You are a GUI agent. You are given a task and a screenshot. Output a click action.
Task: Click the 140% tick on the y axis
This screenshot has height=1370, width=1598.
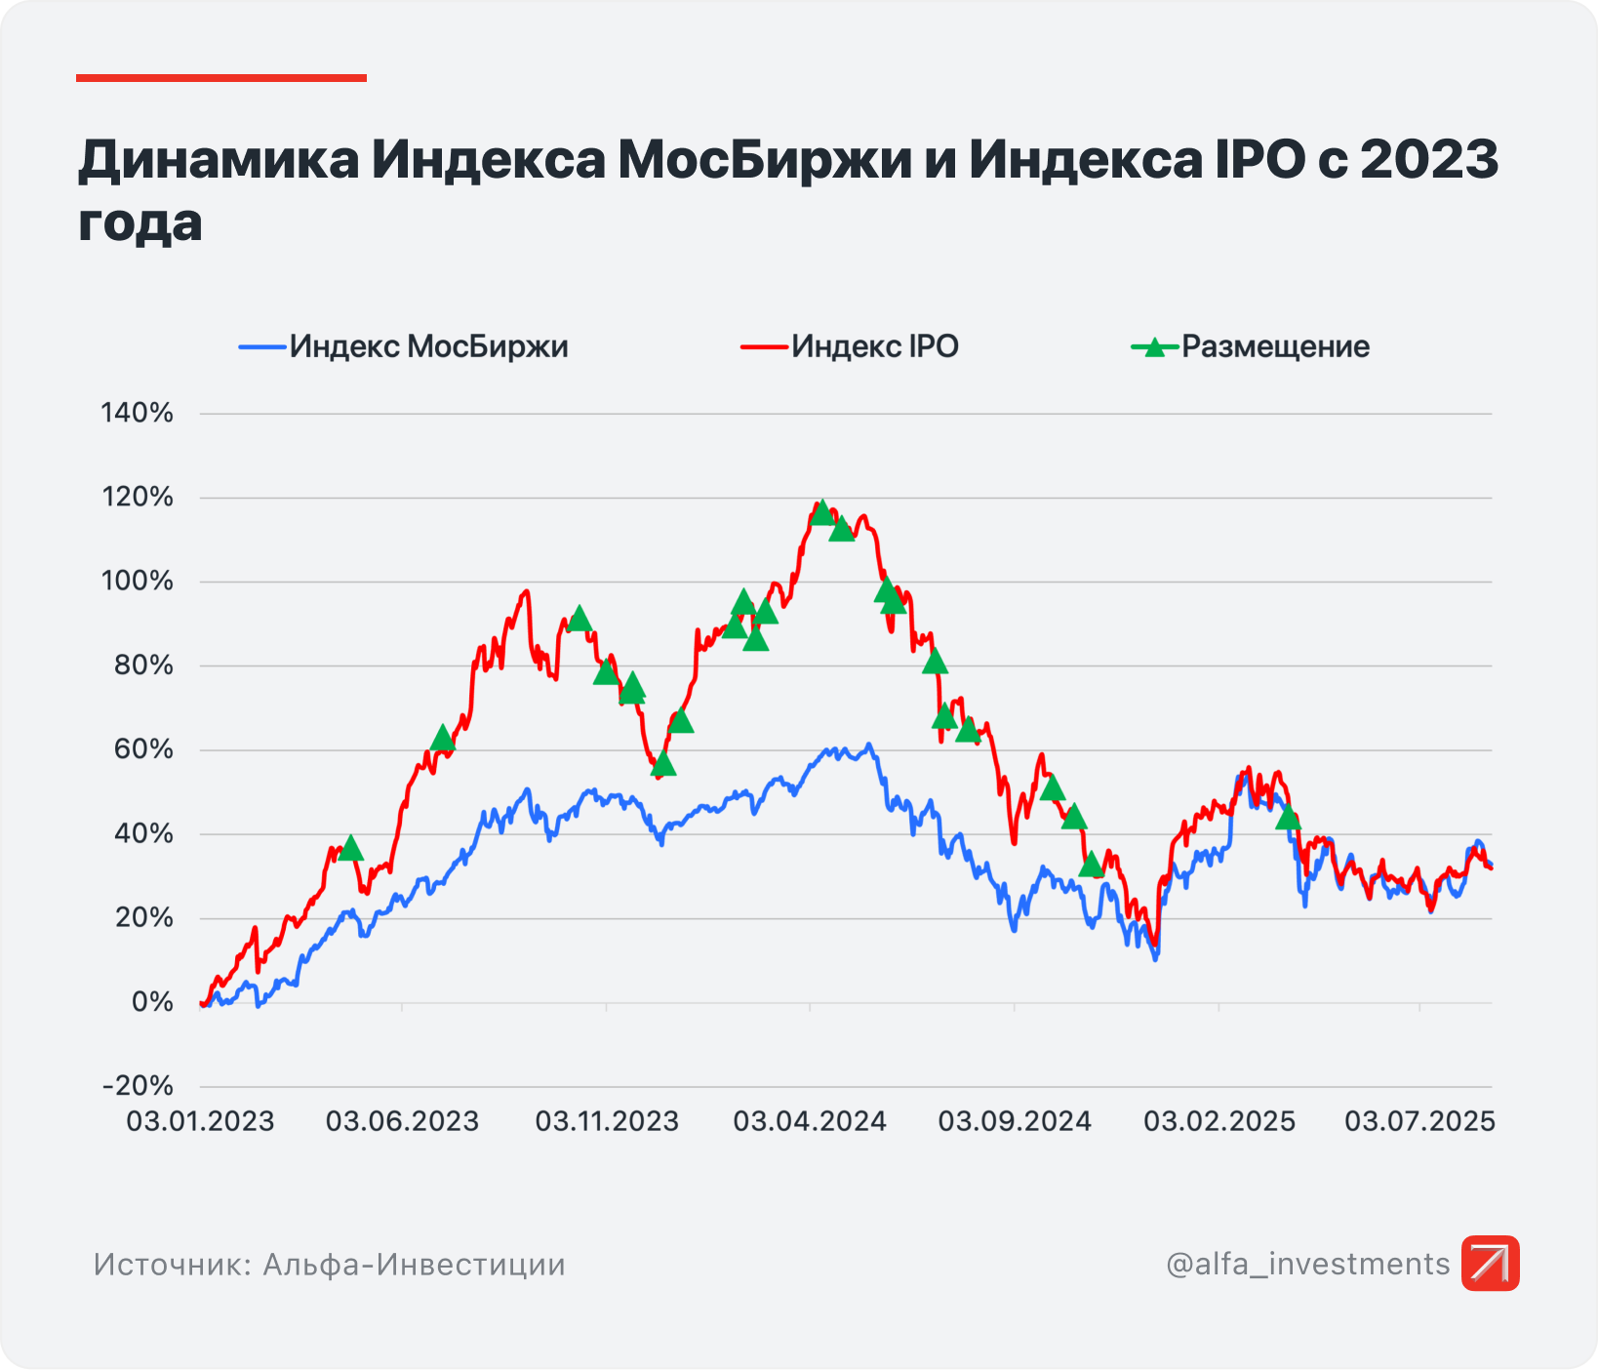click(138, 413)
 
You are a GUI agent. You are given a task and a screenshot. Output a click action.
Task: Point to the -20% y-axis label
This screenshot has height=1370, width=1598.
click(138, 1086)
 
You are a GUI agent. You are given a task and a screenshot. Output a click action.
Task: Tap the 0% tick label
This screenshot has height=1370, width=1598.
click(152, 1002)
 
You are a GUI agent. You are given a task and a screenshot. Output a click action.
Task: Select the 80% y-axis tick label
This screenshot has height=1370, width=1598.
click(138, 665)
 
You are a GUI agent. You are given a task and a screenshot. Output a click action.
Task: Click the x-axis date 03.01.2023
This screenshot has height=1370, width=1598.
click(200, 1121)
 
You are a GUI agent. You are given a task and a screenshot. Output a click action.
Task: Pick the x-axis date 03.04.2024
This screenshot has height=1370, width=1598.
click(810, 1121)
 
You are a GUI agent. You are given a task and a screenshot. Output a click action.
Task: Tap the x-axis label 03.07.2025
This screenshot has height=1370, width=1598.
click(1419, 1121)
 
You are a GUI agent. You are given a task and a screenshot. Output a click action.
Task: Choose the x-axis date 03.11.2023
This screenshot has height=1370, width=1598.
click(607, 1121)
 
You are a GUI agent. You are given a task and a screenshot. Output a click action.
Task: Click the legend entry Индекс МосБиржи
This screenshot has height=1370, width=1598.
click(428, 346)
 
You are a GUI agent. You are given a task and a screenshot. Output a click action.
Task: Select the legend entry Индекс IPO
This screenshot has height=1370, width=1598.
click(875, 346)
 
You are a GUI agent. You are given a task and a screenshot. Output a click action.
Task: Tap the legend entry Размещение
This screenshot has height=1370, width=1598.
click(1275, 346)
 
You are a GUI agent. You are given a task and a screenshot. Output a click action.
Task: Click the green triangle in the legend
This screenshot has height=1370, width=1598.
click(1155, 346)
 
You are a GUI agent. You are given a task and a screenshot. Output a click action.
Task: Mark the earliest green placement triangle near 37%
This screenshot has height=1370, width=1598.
click(351, 849)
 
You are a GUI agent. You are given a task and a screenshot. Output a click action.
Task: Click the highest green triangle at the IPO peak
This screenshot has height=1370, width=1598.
click(822, 512)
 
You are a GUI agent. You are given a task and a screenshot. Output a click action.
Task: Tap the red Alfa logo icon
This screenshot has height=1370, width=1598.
click(1490, 1264)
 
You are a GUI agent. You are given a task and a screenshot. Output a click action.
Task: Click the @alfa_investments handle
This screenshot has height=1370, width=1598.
click(1308, 1264)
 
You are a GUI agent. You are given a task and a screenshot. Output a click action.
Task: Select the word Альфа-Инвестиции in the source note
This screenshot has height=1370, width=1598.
click(415, 1265)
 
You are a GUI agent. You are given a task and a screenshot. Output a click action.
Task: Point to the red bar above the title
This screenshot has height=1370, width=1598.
click(221, 78)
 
